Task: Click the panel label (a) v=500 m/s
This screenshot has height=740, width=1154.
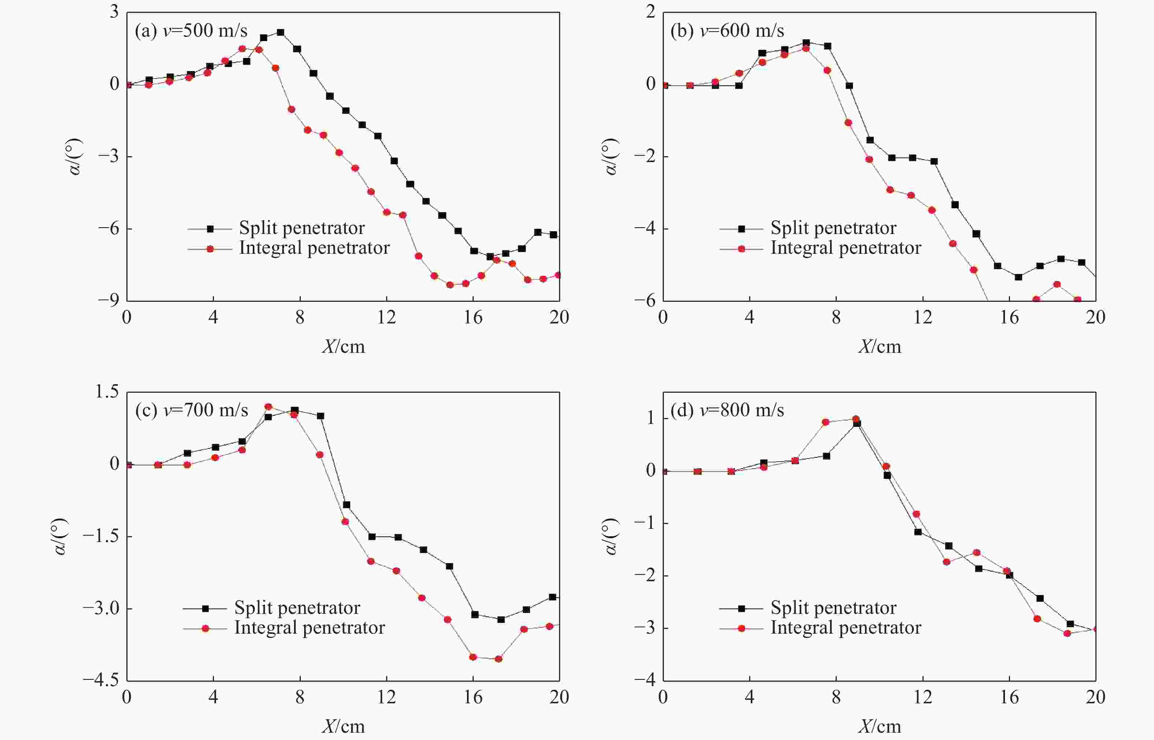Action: (x=191, y=31)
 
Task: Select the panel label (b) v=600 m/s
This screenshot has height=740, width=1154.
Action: (x=727, y=31)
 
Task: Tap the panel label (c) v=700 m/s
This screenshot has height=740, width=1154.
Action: (x=191, y=410)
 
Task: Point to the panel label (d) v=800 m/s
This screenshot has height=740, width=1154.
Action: (x=727, y=410)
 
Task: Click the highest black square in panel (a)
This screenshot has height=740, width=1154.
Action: (x=280, y=33)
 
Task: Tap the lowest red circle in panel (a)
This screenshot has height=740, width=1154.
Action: (x=450, y=285)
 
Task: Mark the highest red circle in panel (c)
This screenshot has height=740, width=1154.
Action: (x=268, y=407)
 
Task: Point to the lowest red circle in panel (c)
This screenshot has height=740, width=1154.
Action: (x=498, y=659)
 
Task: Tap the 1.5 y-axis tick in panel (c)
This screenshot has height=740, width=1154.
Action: (x=107, y=392)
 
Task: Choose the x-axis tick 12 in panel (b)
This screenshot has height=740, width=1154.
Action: (x=922, y=318)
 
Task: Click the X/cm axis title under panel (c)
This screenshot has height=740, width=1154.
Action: (x=343, y=726)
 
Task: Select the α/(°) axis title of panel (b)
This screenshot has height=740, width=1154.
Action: (x=610, y=157)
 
